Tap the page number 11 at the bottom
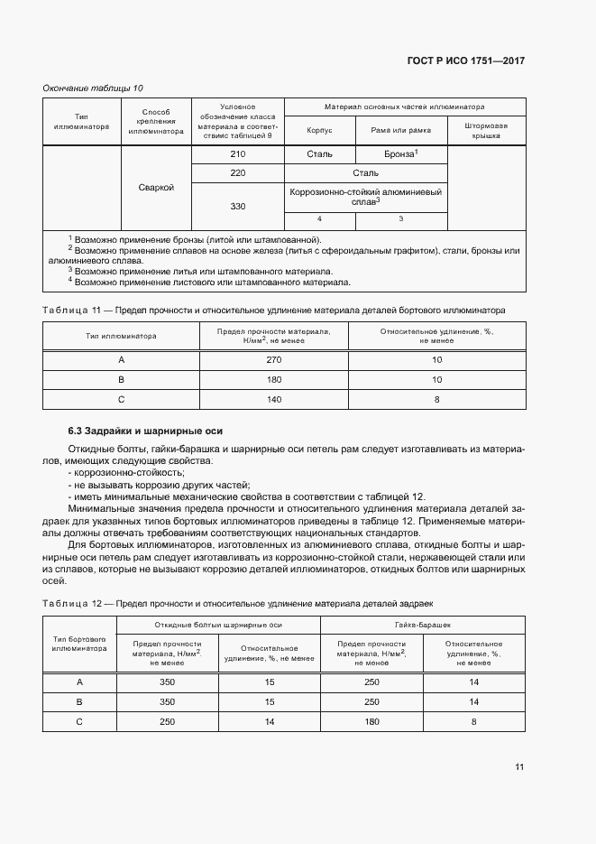coord(519,767)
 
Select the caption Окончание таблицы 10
coord(93,88)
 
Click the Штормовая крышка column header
coord(487,130)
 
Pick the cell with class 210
coord(238,154)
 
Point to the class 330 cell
coord(238,207)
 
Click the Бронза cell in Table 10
coord(399,154)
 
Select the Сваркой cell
coord(156,188)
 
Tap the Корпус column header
coord(319,130)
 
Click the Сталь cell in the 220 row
coord(365,172)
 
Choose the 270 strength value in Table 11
coord(274,360)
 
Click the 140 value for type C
coord(274,399)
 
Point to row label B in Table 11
coord(121,380)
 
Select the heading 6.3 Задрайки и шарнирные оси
coord(146,431)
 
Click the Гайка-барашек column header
coord(422,625)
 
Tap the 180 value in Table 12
coord(371,721)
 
